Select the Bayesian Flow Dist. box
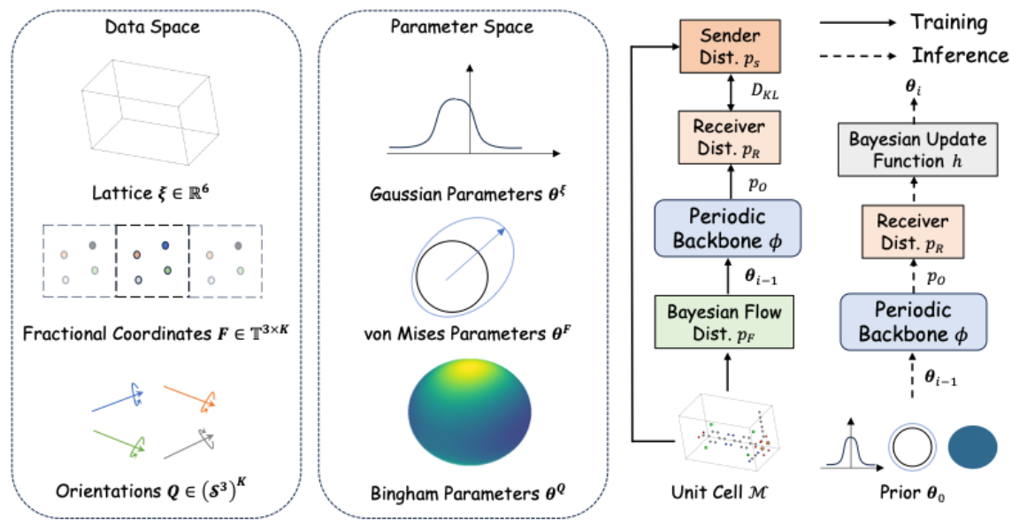[x=724, y=322]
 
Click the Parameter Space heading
[x=462, y=27]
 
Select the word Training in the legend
[x=955, y=22]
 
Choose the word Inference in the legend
[x=960, y=55]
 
